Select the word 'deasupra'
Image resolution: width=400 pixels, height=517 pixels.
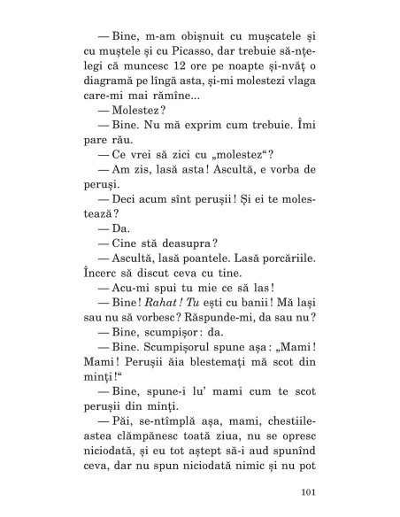coord(188,245)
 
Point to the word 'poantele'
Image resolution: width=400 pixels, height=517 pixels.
coord(209,260)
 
